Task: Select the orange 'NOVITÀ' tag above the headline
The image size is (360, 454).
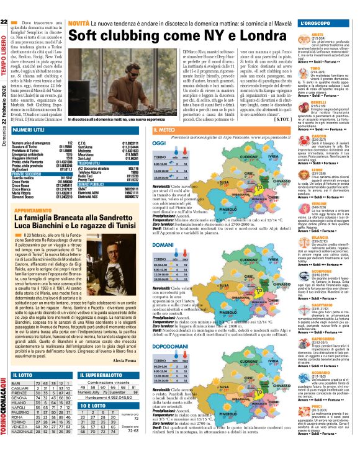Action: [x=79, y=23]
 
